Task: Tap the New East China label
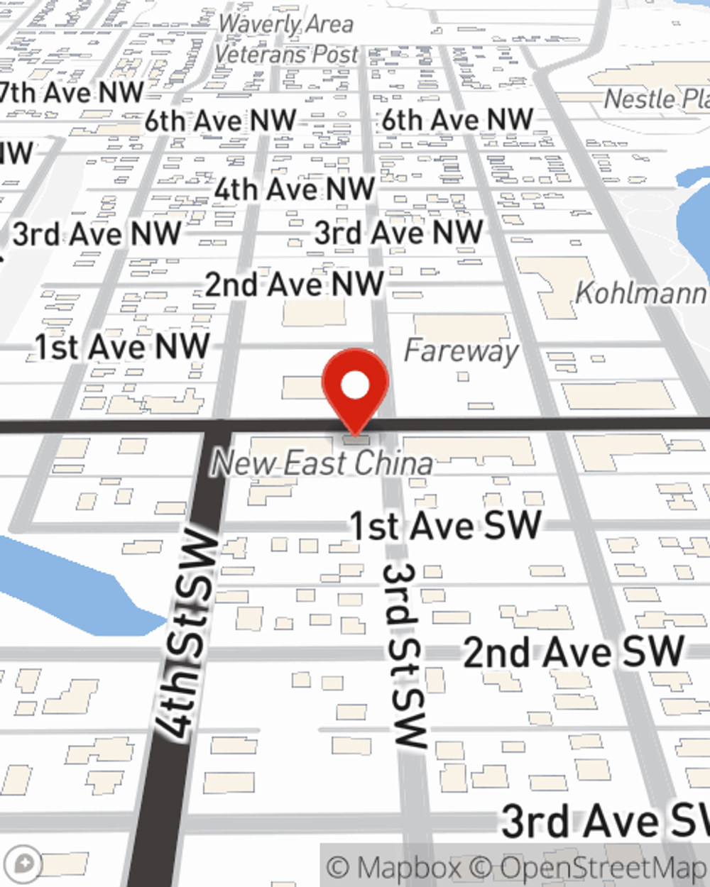tap(322, 463)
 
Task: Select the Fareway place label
tap(461, 351)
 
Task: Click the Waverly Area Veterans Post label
tap(285, 39)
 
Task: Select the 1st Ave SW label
tap(446, 526)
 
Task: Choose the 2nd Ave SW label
tap(574, 651)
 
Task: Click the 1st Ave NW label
tap(122, 347)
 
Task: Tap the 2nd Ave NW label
tap(294, 285)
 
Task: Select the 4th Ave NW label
tap(294, 189)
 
